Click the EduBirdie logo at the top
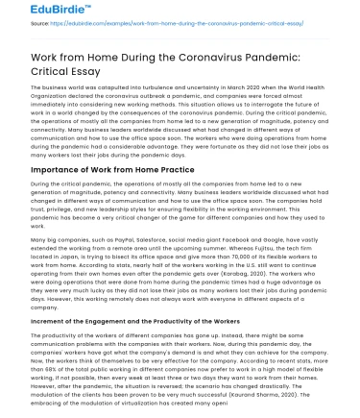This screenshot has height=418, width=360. pos(37,13)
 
